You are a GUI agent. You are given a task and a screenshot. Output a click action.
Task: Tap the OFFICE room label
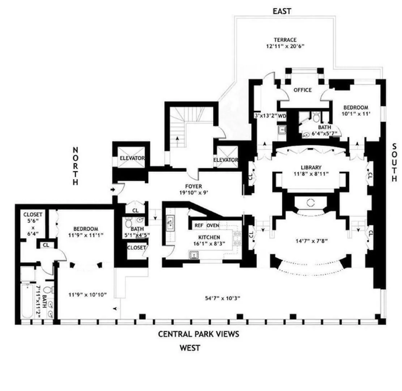pos(302,90)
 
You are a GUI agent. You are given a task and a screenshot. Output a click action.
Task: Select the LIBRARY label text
pos(311,167)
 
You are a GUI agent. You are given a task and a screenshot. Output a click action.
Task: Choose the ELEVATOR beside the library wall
pos(225,160)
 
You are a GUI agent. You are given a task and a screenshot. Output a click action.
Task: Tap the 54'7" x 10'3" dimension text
pos(222,298)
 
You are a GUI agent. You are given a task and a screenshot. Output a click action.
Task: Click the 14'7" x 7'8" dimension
pos(311,239)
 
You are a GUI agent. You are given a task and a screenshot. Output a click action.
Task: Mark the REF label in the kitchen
pos(198,225)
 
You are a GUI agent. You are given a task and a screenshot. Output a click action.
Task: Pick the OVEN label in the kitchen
pos(213,225)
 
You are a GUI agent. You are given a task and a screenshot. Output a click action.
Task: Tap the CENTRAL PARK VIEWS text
pos(198,334)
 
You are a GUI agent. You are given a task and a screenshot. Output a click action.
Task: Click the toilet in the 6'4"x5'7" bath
pos(317,117)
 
